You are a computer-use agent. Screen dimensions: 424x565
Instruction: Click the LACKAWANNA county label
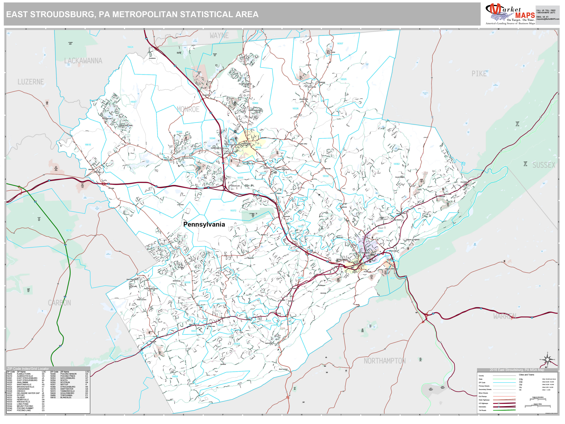83,61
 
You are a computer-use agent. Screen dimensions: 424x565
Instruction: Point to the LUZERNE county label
31,82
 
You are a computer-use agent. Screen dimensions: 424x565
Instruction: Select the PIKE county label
479,74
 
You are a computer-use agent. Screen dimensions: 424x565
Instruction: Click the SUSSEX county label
544,165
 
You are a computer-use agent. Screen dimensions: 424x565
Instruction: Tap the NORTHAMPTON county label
384,361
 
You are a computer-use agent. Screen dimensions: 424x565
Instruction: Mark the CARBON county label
59,303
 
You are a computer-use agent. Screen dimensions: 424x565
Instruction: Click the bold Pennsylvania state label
204,224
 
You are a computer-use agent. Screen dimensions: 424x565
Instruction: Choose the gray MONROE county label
188,109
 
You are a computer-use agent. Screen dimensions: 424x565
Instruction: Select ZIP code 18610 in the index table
53,397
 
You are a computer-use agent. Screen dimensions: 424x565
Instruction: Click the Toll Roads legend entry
482,410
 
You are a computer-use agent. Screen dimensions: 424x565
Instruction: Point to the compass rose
547,360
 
